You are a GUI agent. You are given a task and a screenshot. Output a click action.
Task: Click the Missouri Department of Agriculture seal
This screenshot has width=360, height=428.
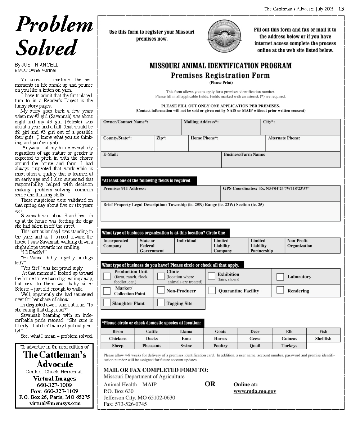click(x=224, y=36)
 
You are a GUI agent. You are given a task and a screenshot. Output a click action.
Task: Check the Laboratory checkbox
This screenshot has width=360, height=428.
click(x=280, y=277)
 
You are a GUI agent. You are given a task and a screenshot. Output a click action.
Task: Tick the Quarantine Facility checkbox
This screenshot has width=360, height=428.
click(x=212, y=290)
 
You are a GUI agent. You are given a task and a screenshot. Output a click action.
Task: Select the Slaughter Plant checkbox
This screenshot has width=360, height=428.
click(x=107, y=302)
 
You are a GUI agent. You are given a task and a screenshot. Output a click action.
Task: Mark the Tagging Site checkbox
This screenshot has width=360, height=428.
click(x=161, y=302)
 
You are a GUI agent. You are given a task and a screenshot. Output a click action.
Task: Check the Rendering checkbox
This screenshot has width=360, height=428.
click(x=280, y=290)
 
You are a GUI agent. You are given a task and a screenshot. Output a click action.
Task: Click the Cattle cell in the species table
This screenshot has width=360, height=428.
click(x=152, y=331)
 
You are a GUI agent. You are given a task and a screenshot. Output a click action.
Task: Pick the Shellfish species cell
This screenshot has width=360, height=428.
click(x=323, y=338)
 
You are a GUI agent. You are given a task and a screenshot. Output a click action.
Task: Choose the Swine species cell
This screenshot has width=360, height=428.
click(x=186, y=346)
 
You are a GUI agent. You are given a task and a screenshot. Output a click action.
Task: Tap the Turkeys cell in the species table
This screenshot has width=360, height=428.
click(x=289, y=346)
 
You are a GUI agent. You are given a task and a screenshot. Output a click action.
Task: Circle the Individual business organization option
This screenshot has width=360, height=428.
click(x=186, y=241)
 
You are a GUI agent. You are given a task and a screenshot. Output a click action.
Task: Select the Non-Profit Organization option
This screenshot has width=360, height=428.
click(x=300, y=243)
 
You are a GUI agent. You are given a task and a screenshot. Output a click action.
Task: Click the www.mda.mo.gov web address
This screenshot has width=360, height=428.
click(x=255, y=391)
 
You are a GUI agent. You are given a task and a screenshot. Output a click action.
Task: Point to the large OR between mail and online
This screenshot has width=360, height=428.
click(x=210, y=384)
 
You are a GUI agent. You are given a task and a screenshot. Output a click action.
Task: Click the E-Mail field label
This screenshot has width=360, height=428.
click(x=111, y=155)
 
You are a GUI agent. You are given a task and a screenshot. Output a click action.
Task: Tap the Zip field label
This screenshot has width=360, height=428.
click(x=161, y=138)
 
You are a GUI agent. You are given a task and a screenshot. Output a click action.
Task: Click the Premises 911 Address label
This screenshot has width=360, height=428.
click(x=125, y=188)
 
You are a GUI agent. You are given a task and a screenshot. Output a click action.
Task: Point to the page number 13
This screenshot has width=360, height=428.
click(x=341, y=9)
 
